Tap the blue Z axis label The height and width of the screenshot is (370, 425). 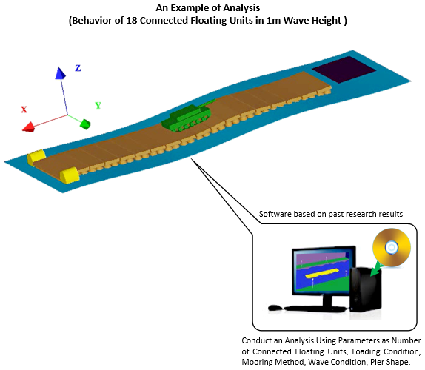[x=78, y=68]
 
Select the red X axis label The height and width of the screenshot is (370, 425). [x=24, y=110]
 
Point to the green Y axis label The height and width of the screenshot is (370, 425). [x=98, y=105]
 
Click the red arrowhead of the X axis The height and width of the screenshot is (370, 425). [x=29, y=127]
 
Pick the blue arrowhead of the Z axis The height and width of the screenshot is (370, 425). [x=60, y=73]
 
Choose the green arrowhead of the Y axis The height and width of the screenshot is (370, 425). [x=85, y=124]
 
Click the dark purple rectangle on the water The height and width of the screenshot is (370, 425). [x=344, y=70]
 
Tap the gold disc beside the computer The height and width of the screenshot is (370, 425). [x=392, y=247]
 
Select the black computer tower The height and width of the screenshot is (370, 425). [x=365, y=289]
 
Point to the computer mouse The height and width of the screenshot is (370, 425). [x=275, y=308]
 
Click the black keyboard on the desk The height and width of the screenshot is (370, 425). [x=315, y=309]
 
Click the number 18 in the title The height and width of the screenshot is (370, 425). [x=132, y=20]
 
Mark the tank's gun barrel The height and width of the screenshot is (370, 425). [x=207, y=103]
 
